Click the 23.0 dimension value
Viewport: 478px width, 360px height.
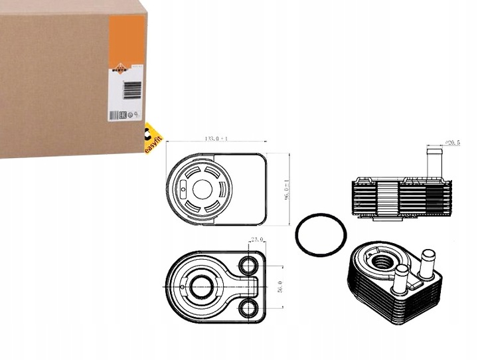pyautogui.click(x=257, y=239)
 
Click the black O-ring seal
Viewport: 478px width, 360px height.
pyautogui.click(x=320, y=233)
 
